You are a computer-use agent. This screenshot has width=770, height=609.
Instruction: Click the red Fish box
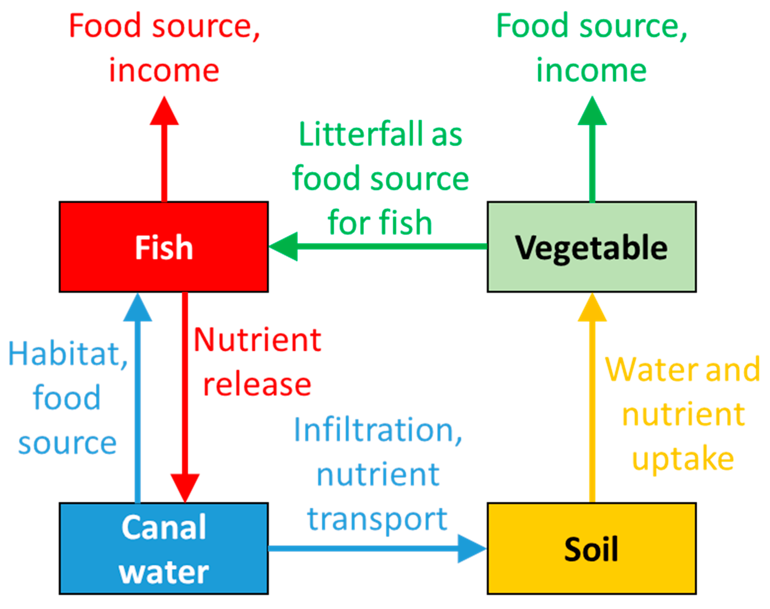point(164,247)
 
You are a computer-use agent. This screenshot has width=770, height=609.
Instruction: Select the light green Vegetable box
point(592,247)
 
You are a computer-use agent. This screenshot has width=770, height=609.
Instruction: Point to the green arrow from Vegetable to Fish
point(378,246)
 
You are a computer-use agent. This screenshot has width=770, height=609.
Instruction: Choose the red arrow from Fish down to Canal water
point(185,392)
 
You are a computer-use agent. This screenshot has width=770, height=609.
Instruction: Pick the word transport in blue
point(377,520)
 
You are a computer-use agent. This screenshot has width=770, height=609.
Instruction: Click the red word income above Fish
point(164,71)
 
